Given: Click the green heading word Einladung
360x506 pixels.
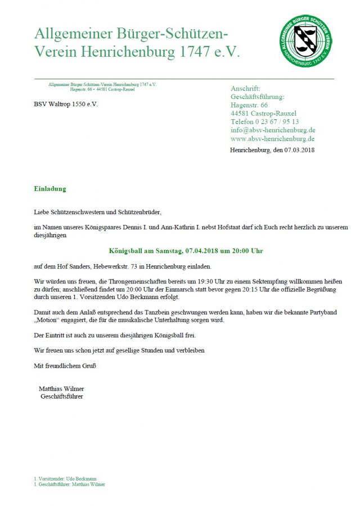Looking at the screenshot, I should coord(50,189).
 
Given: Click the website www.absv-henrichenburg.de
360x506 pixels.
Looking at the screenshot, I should coord(272,138).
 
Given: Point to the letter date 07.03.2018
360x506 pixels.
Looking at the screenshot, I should coord(299,150).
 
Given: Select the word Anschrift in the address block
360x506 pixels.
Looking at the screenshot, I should coord(245,89).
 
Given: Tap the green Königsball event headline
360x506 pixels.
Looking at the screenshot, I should coord(186,250).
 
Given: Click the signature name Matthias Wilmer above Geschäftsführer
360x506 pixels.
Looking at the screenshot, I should coord(61,388).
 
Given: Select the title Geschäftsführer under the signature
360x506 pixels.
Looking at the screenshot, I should coord(62,396).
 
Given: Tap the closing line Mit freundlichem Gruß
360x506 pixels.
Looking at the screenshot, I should coord(65,365).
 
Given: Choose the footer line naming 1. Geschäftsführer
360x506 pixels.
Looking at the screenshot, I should coord(69,484).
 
